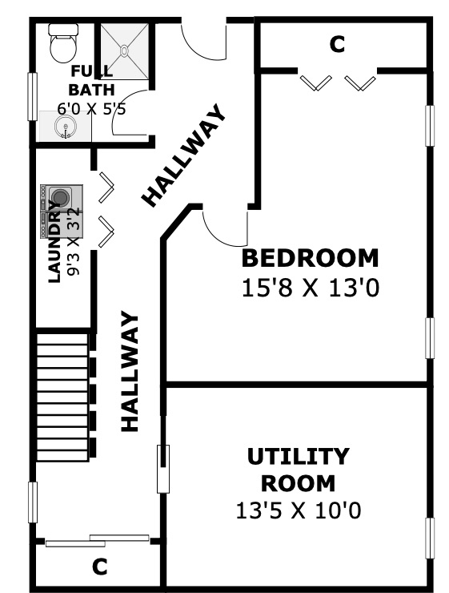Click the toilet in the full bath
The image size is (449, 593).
(64, 43)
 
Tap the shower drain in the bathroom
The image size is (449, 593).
(124, 50)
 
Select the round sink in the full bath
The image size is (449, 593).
(65, 127)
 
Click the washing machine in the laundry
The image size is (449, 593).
(61, 197)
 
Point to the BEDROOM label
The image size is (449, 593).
(310, 258)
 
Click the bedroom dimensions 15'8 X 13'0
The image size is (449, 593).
(311, 288)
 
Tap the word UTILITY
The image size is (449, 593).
(299, 457)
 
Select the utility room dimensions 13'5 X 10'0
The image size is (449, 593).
(299, 510)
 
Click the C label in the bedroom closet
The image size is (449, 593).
(337, 44)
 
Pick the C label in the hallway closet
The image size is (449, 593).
(100, 567)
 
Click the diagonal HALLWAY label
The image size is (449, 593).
(184, 155)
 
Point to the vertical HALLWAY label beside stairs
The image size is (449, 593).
(130, 371)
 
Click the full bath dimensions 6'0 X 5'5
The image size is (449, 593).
(91, 109)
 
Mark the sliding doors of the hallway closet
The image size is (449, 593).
(98, 541)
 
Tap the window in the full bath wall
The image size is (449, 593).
(33, 96)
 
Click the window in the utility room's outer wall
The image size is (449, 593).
(430, 538)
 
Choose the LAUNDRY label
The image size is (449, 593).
(54, 242)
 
